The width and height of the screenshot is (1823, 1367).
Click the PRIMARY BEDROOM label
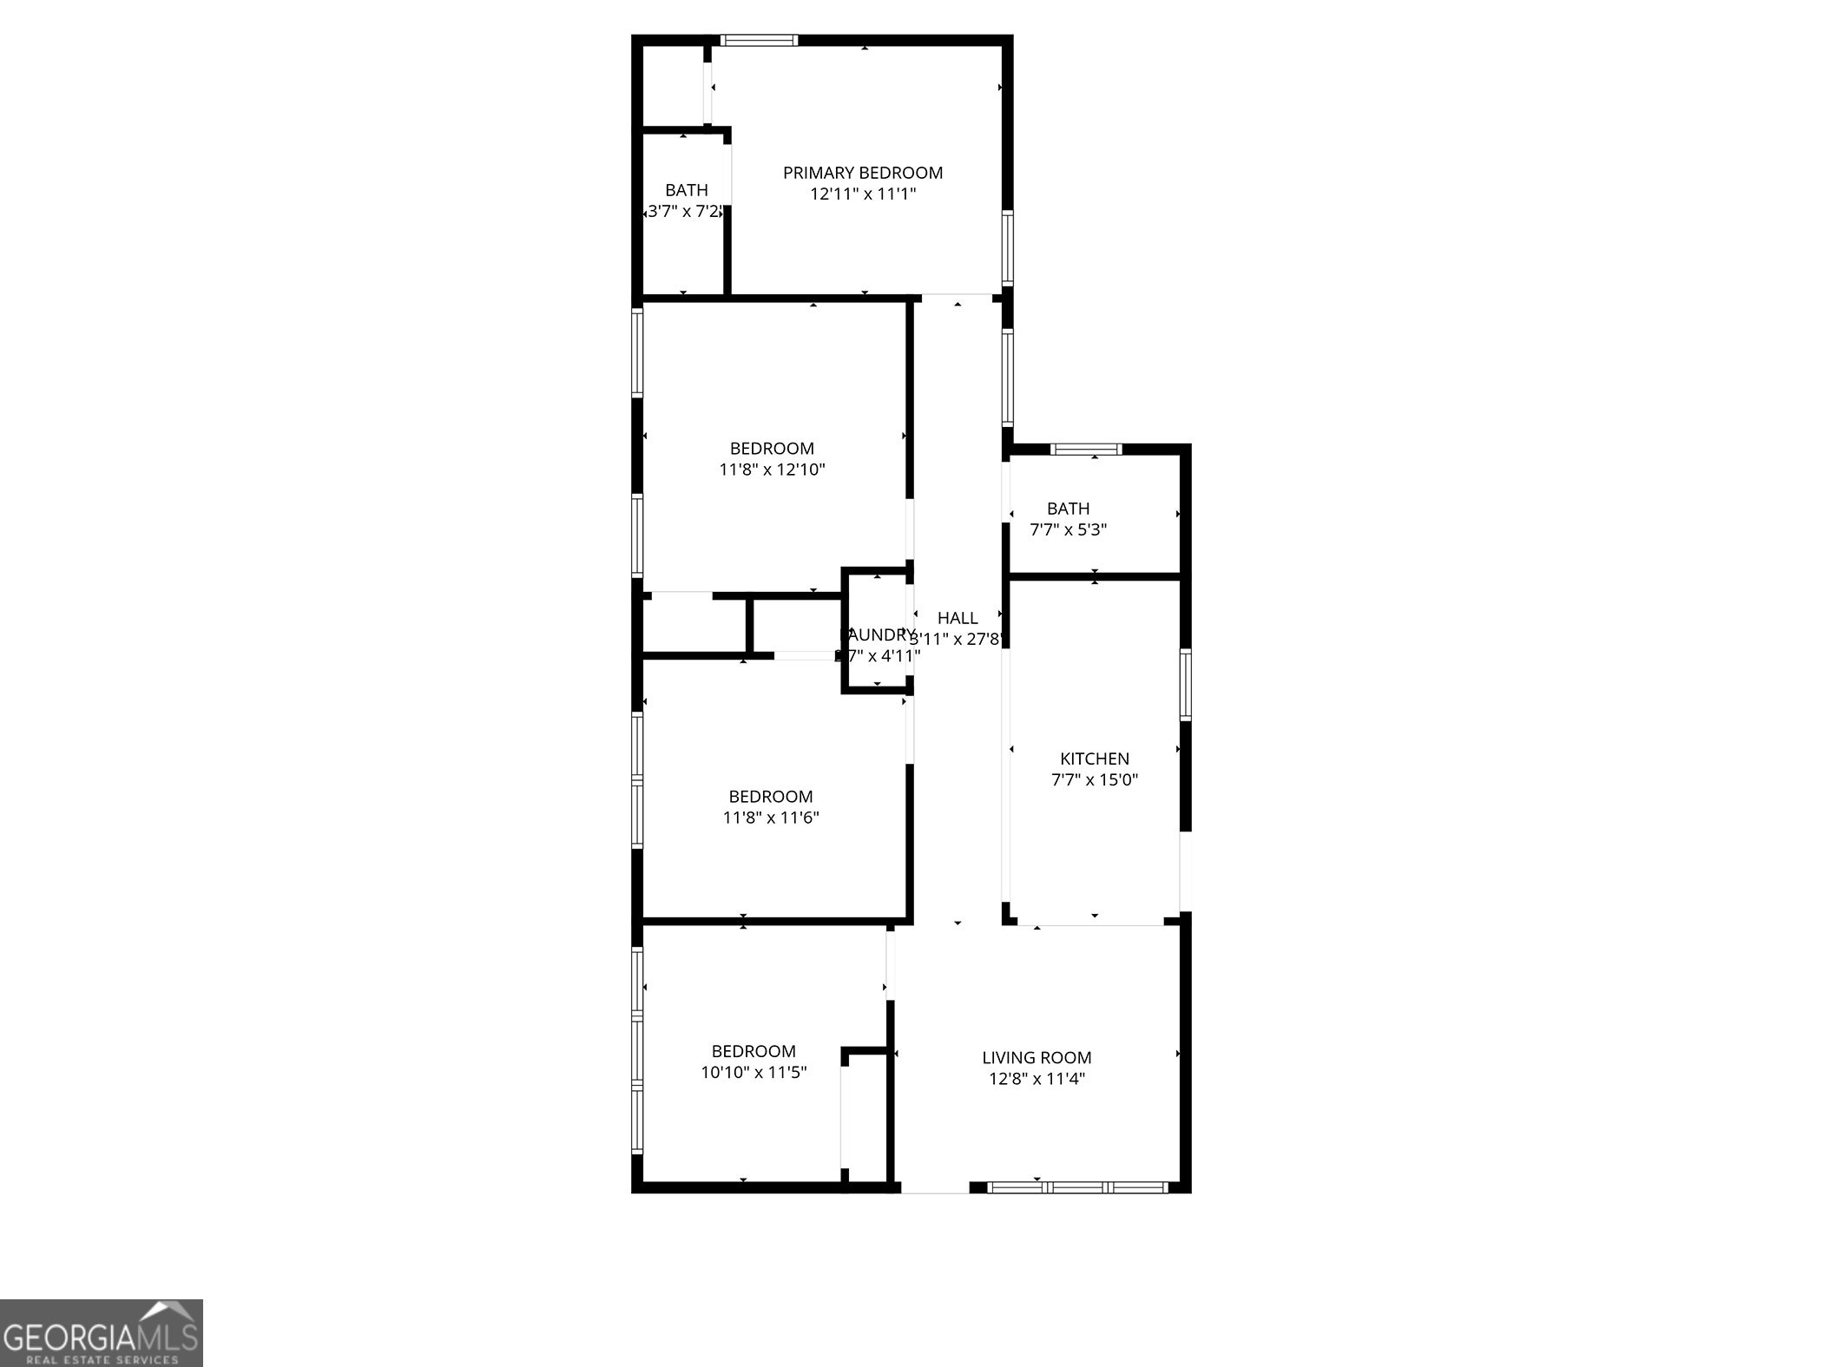tap(862, 173)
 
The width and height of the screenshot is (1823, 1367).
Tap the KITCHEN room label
tap(1094, 759)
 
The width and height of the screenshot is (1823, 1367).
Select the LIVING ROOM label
tap(1037, 1057)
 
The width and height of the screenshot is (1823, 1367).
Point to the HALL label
tap(958, 618)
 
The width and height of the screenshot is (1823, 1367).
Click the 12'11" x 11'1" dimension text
tap(863, 194)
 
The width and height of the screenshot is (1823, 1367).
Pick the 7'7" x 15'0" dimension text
tap(1094, 779)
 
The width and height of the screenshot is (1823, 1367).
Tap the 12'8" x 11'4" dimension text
tap(1037, 1079)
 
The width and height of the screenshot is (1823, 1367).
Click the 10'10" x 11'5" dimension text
tap(754, 1072)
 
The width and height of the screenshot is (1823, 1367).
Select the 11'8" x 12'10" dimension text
tap(772, 470)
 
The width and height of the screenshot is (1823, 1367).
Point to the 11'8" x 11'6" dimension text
tap(771, 818)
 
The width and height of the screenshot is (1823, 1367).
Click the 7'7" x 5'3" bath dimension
tap(1068, 529)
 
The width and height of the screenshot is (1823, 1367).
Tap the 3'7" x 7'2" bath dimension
tap(685, 211)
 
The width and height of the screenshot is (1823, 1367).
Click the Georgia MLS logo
tap(101, 1332)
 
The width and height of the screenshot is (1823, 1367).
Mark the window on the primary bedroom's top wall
tap(759, 40)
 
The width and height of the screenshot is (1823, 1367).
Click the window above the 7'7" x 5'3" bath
tap(1086, 450)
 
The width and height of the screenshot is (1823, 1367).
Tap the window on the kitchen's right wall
tap(1185, 684)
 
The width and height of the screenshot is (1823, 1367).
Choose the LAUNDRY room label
tap(878, 635)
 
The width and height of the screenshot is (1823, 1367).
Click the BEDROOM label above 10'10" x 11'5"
tap(754, 1051)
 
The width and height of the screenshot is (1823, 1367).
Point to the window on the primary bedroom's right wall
tap(1007, 247)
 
